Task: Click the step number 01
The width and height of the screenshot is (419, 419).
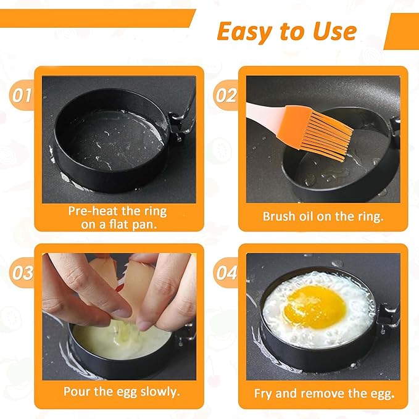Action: (x=23, y=96)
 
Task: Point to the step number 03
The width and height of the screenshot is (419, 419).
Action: (x=23, y=273)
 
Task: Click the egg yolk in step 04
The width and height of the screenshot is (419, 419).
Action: (x=313, y=305)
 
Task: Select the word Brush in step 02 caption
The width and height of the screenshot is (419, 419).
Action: (x=278, y=217)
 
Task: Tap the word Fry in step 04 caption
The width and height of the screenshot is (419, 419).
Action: (x=265, y=393)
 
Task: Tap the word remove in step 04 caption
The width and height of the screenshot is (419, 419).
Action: (x=320, y=393)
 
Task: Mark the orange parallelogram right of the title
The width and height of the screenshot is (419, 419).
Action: (x=400, y=30)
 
